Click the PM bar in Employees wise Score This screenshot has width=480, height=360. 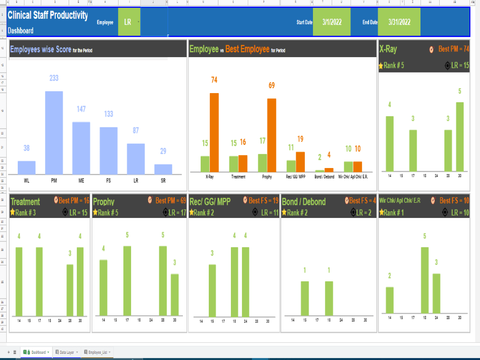pyautogui.click(x=54, y=132)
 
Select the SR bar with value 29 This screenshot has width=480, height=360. pyautogui.click(x=163, y=169)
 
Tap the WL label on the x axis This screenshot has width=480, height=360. pyautogui.click(x=26, y=180)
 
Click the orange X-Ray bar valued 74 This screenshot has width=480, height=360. pyautogui.click(x=214, y=132)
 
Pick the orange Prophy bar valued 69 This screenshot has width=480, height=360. pyautogui.click(x=271, y=135)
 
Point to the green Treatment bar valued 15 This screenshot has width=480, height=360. pyautogui.click(x=233, y=164)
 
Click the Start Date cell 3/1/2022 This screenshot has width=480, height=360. pyautogui.click(x=332, y=22)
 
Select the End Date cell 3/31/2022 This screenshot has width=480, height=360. pyautogui.click(x=399, y=22)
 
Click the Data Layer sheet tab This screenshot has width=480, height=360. pyautogui.click(x=66, y=352)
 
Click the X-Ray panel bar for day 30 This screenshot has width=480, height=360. pyautogui.click(x=459, y=136)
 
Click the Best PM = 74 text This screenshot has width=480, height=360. pyautogui.click(x=453, y=49)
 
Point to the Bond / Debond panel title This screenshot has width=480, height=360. pyautogui.click(x=303, y=202)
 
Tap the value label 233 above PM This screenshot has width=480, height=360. pyautogui.click(x=54, y=78)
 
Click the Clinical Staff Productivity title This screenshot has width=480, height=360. pyautogui.click(x=48, y=15)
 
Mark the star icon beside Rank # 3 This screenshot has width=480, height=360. pyautogui.click(x=12, y=212)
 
